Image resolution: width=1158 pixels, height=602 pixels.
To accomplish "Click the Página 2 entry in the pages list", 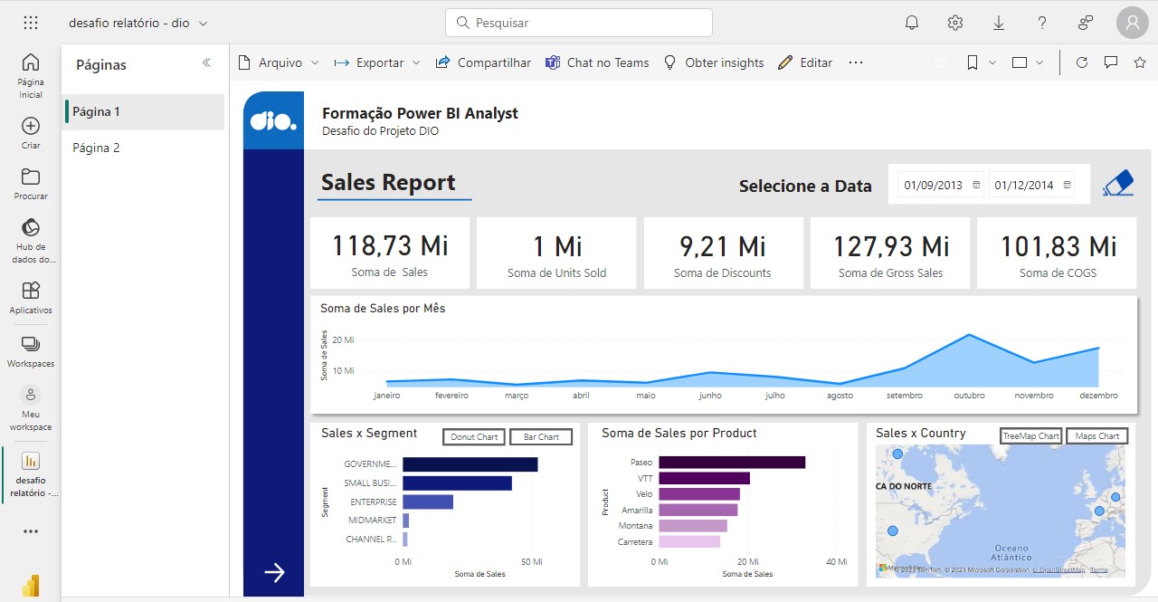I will tap(97, 148).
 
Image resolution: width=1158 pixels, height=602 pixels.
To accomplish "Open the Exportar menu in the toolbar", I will tap(377, 62).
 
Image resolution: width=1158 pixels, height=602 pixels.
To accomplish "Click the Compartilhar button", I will tap(483, 62).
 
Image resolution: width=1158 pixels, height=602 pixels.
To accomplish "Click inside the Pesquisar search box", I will tap(579, 23).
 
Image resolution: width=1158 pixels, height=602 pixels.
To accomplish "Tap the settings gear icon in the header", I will tap(955, 23).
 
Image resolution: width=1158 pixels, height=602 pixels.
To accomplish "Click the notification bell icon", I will tap(912, 23).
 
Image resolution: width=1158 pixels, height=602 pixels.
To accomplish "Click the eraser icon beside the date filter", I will tap(1118, 183).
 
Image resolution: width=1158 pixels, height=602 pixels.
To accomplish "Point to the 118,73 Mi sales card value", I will tap(390, 246).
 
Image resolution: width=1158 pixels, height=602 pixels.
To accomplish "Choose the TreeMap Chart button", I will tap(1030, 436).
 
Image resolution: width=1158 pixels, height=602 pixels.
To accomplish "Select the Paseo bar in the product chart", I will tap(731, 462).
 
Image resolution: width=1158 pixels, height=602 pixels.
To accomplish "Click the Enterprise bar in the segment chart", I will tap(428, 502).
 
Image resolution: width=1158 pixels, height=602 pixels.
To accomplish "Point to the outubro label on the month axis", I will tap(969, 396).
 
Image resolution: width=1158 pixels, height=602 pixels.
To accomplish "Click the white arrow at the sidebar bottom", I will tap(274, 571).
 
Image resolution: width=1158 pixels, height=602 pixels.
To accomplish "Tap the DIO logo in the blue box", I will tap(273, 120).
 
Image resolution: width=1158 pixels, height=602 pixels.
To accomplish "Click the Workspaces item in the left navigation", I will tap(31, 351).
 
